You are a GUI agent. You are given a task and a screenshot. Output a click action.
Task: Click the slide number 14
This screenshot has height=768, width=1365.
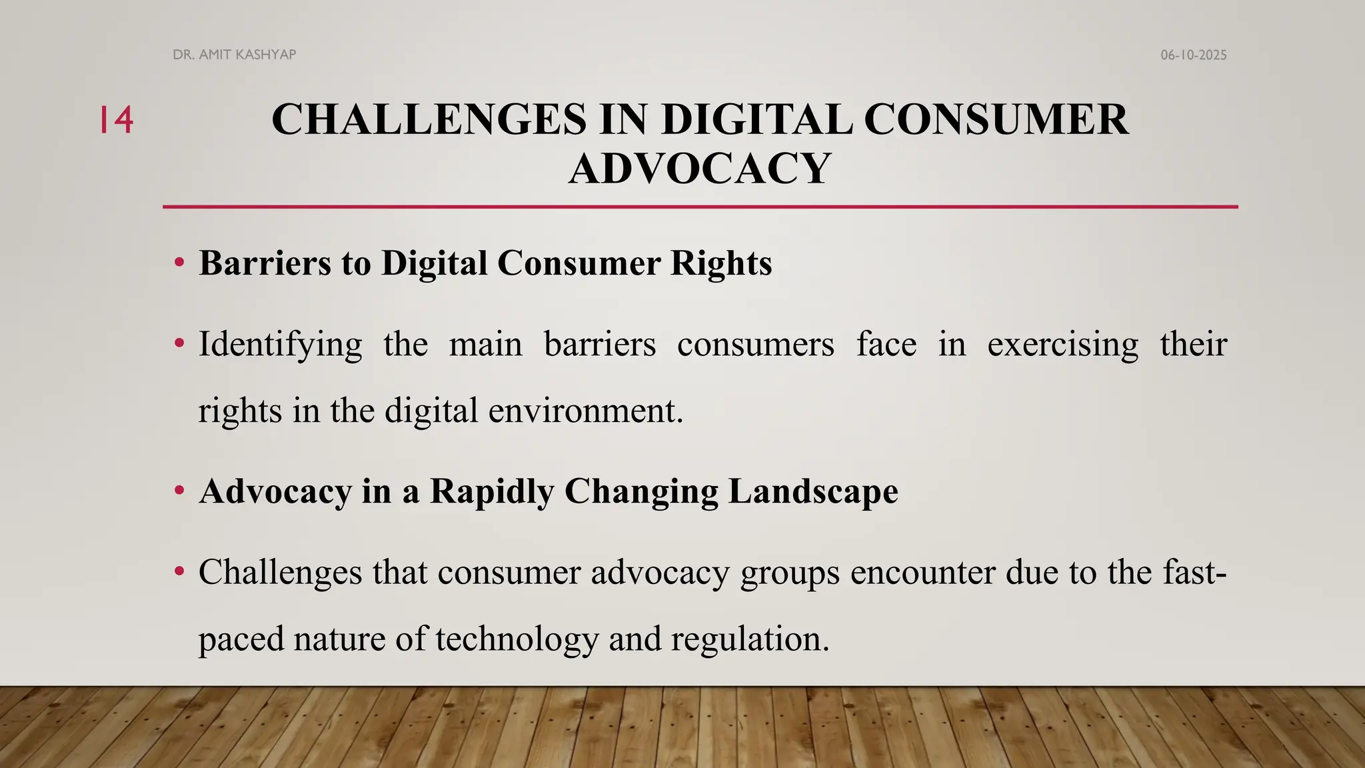point(117,121)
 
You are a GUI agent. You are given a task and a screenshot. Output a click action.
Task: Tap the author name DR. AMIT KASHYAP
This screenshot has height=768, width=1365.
point(234,55)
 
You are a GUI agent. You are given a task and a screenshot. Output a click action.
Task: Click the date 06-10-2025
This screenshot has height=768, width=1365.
point(1193,55)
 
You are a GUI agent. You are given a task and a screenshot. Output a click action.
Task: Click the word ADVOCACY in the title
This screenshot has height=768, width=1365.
point(699,168)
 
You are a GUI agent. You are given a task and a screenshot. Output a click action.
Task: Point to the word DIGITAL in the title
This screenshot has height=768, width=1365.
point(756,120)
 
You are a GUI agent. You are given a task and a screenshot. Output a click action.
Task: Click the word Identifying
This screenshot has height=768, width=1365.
point(280,345)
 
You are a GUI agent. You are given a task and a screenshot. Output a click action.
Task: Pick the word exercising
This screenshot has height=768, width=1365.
point(1062,345)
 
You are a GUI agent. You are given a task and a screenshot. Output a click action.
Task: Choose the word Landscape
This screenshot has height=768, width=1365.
point(812,492)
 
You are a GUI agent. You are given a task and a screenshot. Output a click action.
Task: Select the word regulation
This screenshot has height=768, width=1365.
point(749,639)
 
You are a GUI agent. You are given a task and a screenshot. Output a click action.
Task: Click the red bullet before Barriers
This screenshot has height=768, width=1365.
point(179,263)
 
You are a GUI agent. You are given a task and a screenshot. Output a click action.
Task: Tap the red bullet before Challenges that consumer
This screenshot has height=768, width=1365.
point(179,572)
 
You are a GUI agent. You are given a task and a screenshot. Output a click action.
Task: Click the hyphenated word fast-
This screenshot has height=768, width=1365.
point(1194,573)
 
